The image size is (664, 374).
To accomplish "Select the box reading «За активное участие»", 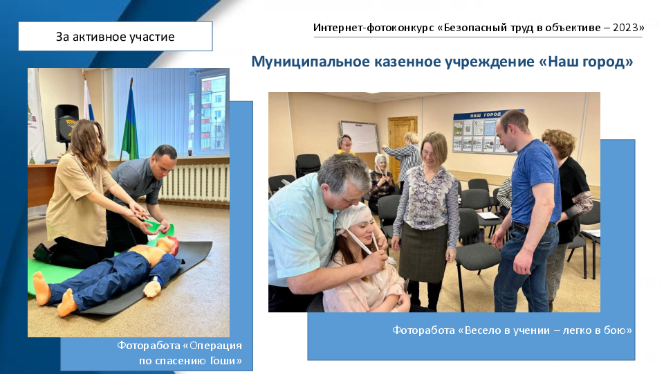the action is click(116, 37).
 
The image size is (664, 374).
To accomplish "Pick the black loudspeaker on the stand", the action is click(66, 123).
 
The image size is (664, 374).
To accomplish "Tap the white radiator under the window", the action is click(194, 182).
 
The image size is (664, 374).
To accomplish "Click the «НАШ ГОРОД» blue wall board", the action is click(486, 132).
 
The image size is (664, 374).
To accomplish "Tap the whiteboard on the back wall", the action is click(360, 136).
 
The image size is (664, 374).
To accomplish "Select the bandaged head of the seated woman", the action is click(355, 218).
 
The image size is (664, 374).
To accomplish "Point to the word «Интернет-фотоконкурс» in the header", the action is click(373, 28).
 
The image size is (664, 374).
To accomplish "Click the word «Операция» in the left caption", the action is click(216, 346).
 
